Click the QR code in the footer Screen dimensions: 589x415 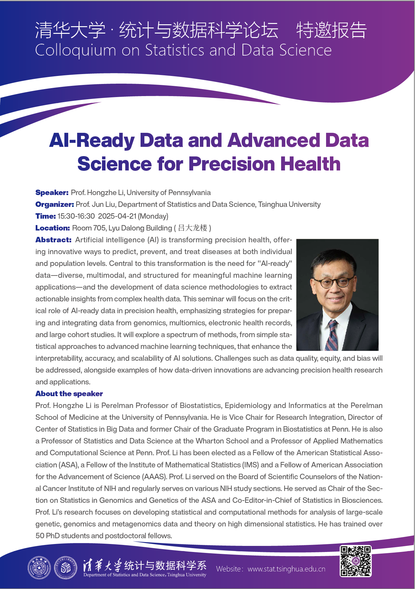coord(355,561)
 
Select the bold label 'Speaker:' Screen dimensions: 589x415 coord(52,193)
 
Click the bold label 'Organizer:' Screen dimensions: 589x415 coord(55,204)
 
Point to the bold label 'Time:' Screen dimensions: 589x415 coord(46,216)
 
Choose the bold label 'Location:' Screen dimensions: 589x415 coord(53,228)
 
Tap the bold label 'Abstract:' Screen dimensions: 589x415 coord(54,240)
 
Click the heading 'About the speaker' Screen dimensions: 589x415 coord(69,394)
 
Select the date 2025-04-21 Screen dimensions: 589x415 coord(117,216)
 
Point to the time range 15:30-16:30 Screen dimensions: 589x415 coord(76,216)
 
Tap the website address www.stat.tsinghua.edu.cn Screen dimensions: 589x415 coord(286,569)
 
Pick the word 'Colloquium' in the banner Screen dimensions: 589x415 coord(76,50)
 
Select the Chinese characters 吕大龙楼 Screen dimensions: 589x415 coord(193,228)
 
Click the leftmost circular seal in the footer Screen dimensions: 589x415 coord(39,568)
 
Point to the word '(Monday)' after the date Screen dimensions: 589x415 coord(153,216)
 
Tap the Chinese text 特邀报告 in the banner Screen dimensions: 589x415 coord(331,30)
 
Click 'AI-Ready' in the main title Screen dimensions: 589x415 coord(92,140)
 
